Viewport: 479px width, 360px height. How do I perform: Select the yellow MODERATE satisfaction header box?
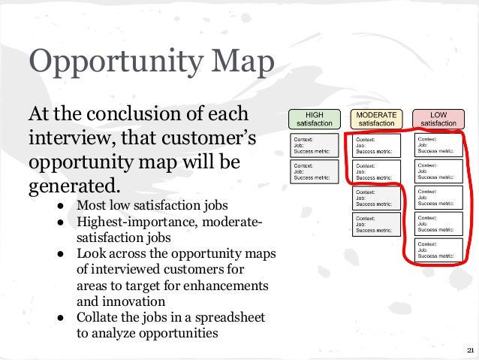click(x=376, y=119)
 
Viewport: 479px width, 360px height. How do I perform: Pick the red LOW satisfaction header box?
click(x=438, y=119)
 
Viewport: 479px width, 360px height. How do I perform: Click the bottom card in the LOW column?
click(x=438, y=251)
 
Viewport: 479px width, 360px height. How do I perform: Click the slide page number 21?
click(x=470, y=351)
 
